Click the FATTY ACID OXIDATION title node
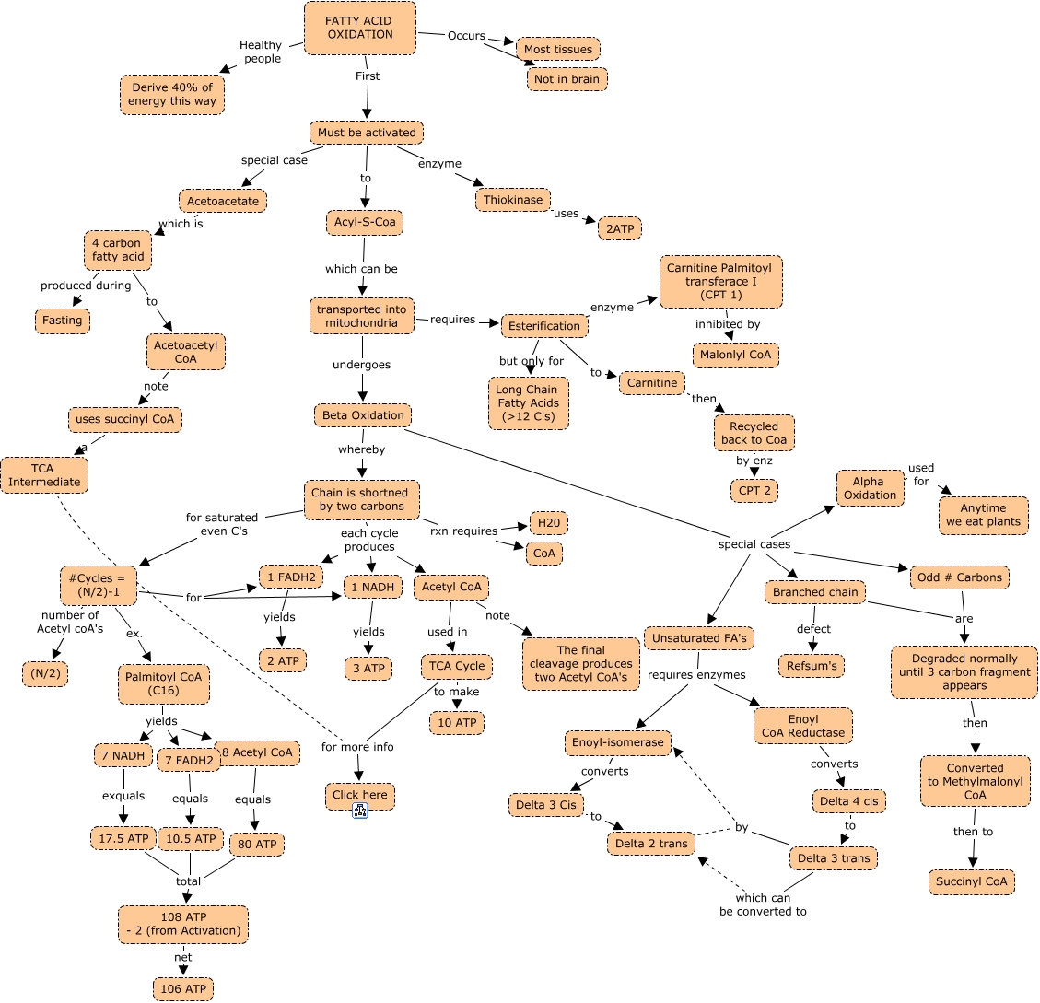[x=359, y=28]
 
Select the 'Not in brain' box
[x=567, y=79]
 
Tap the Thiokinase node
[x=513, y=200]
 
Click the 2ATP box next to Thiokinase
[x=620, y=228]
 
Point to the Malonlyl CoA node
[x=735, y=356]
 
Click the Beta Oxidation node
[x=363, y=415]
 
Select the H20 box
[x=548, y=523]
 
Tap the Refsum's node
[x=811, y=665]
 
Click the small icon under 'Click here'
[x=360, y=811]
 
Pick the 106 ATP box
[x=184, y=989]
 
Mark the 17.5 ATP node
[x=123, y=838]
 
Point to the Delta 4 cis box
[x=849, y=801]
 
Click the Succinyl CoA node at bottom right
[x=971, y=881]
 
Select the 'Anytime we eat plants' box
[x=983, y=515]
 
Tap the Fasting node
[x=63, y=321]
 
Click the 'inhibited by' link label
[x=728, y=324]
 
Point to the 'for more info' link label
[x=357, y=746]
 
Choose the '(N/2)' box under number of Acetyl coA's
[x=45, y=674]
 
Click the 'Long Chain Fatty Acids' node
[x=528, y=403]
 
